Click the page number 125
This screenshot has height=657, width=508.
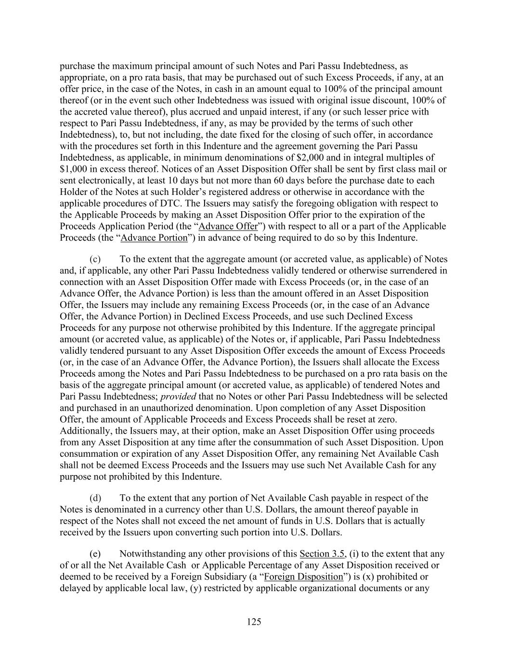[254, 622]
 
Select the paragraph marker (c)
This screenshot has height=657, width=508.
[95, 259]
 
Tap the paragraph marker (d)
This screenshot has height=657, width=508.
[95, 498]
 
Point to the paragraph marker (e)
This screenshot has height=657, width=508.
[95, 554]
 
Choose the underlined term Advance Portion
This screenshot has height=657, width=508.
[154, 238]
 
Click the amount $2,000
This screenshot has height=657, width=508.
[308, 157]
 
